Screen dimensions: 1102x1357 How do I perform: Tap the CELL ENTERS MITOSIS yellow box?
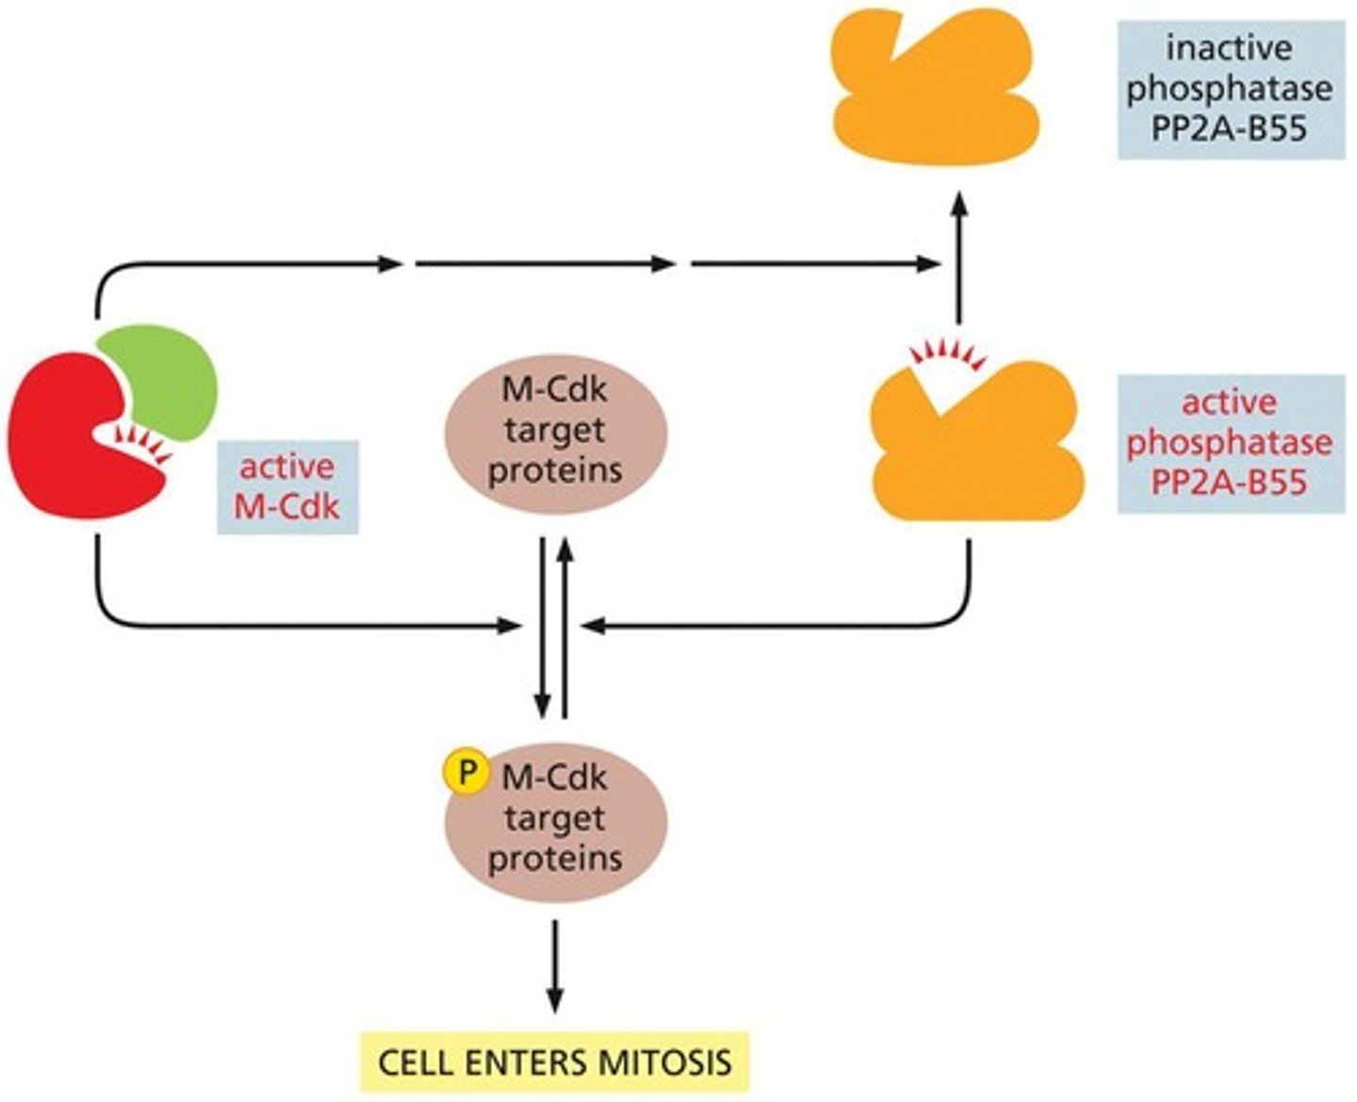(x=554, y=1062)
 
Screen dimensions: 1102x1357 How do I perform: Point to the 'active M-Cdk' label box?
(x=287, y=486)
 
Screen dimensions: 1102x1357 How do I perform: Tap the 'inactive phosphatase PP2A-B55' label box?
(x=1230, y=89)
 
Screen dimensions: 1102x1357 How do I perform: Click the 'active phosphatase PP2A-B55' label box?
(x=1230, y=443)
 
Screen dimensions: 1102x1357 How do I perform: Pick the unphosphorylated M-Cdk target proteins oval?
(x=555, y=431)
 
